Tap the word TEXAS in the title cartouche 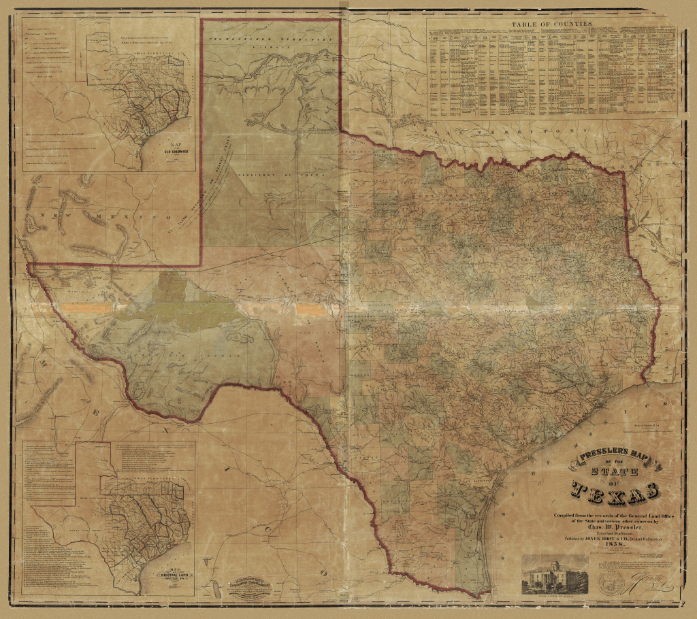pyautogui.click(x=615, y=490)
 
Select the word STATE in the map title pyautogui.click(x=615, y=473)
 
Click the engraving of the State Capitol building pyautogui.click(x=555, y=573)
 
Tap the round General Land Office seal pyautogui.click(x=612, y=580)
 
